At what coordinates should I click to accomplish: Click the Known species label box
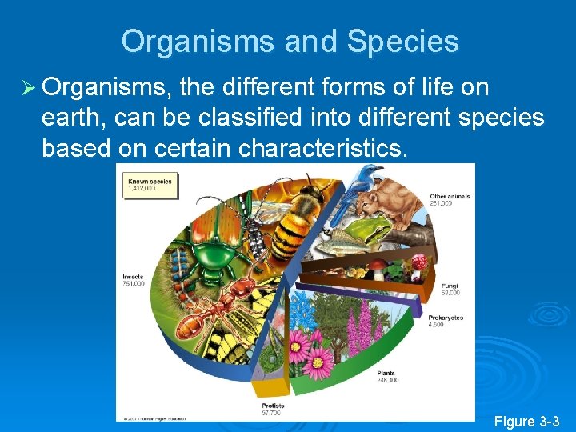(x=150, y=186)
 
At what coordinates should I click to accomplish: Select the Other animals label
(x=450, y=199)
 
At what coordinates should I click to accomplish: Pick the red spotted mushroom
(x=418, y=262)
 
